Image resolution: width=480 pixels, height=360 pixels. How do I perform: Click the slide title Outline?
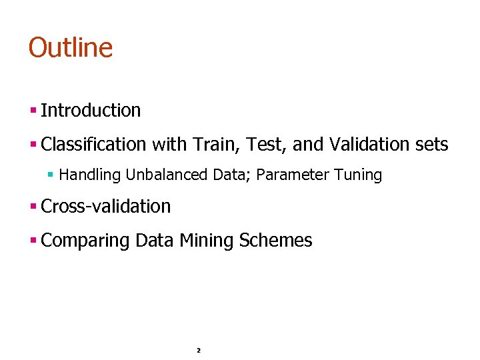coord(70,48)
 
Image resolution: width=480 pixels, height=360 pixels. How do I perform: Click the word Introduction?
coord(91,111)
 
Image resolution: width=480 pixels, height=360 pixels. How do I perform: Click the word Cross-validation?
coord(105,207)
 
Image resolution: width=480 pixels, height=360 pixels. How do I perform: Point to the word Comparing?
coord(85,241)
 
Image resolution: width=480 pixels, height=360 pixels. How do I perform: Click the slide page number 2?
coord(199,350)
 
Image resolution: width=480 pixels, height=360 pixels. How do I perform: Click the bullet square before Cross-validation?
coord(33,207)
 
